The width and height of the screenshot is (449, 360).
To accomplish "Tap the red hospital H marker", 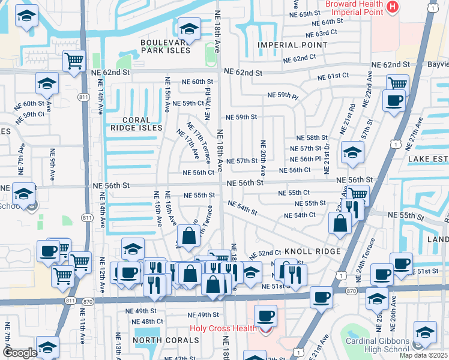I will tap(392, 7).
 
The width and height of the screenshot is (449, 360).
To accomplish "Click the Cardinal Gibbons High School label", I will tap(377, 346).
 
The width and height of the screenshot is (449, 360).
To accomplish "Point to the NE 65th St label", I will tap(306, 14).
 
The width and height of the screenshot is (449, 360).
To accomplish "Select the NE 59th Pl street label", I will tap(283, 95).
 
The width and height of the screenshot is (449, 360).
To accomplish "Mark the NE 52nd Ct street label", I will tap(269, 253).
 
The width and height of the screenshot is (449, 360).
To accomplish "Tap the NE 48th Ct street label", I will tap(140, 322).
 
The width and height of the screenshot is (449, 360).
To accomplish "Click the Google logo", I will tap(20, 353).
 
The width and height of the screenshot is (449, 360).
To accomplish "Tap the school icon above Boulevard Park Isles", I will tap(188, 28).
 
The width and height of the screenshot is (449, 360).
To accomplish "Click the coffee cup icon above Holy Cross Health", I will tap(265, 315).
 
